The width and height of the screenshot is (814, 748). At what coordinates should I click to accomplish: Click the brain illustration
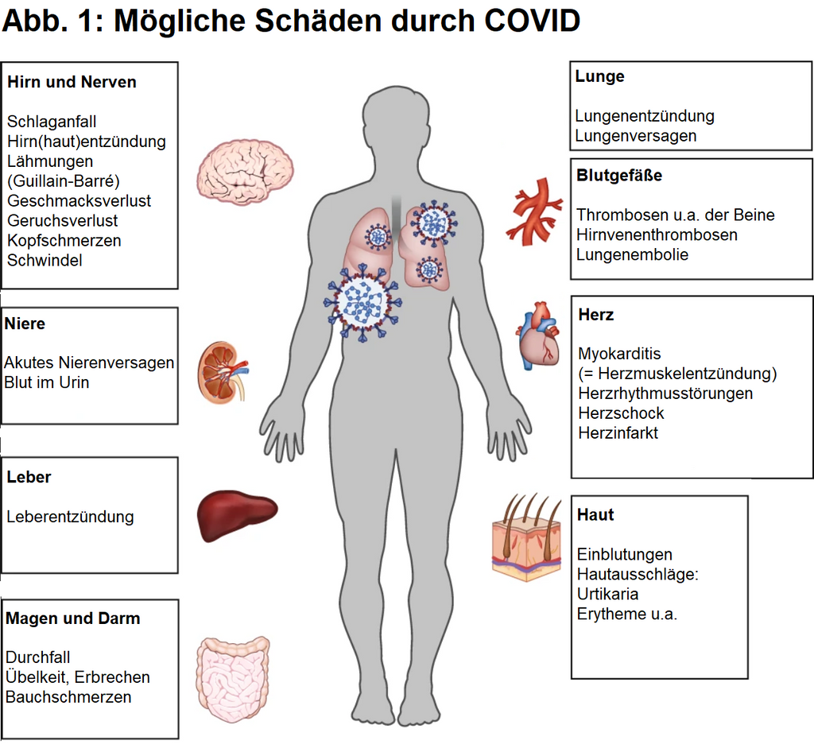[245, 171]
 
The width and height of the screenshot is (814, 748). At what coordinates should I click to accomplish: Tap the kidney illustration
[223, 372]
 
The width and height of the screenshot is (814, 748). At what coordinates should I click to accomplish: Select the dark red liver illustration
[237, 515]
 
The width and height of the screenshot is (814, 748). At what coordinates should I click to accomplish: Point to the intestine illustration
[233, 679]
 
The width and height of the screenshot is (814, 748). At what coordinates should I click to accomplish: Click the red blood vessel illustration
[534, 212]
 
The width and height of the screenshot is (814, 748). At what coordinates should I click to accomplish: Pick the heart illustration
[538, 336]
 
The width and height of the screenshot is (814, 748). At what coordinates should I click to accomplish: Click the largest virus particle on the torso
[362, 302]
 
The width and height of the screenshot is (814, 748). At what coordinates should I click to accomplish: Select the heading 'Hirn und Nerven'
[72, 82]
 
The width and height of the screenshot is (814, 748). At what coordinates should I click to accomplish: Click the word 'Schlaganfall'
[52, 122]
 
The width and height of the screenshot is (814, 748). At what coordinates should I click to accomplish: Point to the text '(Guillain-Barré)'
[64, 181]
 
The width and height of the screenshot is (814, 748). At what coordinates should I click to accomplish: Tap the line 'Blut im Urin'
[47, 382]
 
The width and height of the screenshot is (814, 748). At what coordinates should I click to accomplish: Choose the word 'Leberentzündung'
[70, 517]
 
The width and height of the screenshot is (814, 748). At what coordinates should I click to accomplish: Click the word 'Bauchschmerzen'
[68, 697]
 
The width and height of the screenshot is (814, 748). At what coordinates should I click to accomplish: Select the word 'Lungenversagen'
[635, 136]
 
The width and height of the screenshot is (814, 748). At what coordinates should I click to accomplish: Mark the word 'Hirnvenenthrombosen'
[657, 235]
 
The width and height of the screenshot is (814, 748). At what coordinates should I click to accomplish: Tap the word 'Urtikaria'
[607, 595]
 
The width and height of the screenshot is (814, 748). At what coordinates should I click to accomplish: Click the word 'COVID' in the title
[532, 21]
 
